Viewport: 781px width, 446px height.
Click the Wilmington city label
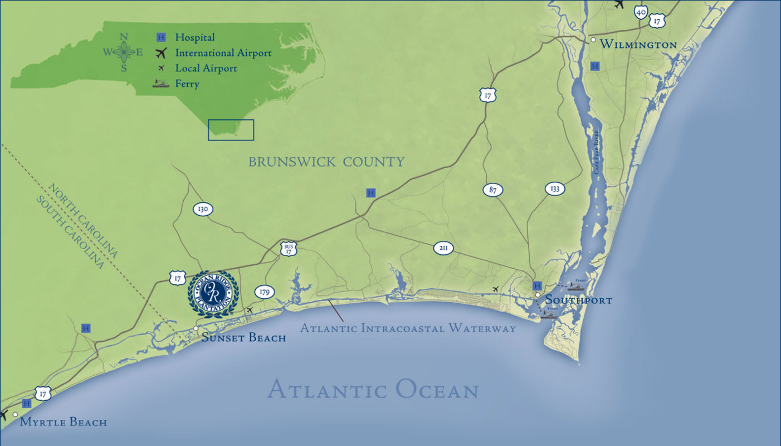639,45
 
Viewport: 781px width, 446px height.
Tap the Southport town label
578,300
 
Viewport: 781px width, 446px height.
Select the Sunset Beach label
243,337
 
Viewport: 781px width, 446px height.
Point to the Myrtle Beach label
63,422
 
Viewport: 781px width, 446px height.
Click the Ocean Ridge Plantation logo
213,293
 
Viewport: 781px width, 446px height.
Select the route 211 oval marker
443,248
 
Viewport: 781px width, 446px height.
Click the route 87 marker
492,190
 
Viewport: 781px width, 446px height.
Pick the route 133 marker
554,188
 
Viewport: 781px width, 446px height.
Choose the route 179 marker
264,292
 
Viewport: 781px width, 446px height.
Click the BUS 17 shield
288,249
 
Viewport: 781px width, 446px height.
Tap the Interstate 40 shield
641,12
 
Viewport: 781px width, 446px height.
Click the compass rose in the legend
124,53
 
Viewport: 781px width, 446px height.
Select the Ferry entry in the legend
187,84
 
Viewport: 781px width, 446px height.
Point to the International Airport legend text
223,53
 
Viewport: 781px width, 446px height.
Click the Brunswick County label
326,162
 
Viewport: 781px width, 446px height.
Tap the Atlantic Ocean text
373,390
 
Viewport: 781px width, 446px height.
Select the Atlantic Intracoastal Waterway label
408,328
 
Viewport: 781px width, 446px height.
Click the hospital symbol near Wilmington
595,66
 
